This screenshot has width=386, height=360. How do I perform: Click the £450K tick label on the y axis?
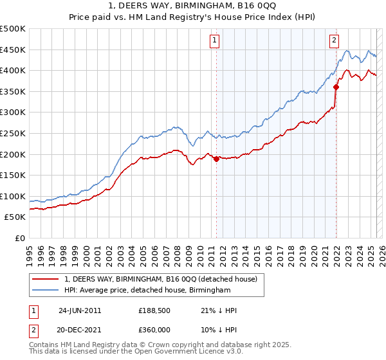tap(13, 50)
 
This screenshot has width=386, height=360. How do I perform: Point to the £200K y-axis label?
tap(13, 154)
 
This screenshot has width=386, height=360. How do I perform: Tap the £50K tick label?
tap(15, 217)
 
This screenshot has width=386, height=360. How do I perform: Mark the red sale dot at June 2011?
tap(216, 159)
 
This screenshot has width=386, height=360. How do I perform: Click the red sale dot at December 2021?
tap(336, 87)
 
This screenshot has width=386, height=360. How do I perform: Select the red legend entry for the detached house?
tap(161, 279)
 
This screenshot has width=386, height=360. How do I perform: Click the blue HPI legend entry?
tap(147, 291)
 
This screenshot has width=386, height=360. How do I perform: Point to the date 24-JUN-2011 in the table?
tap(80, 310)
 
